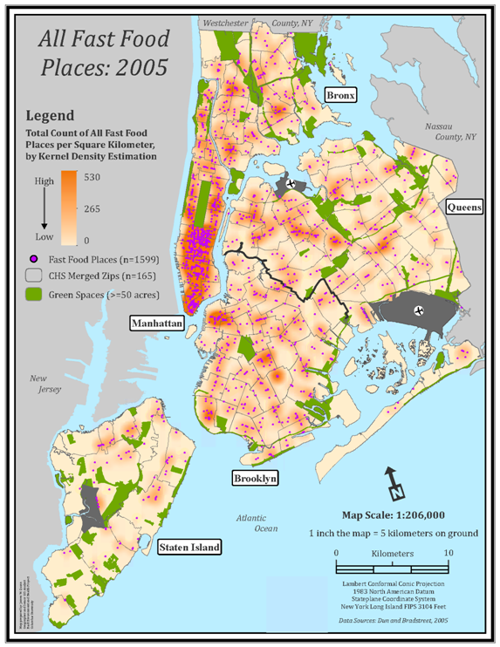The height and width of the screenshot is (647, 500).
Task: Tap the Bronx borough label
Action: click(x=340, y=94)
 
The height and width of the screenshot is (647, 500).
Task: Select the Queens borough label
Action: click(x=463, y=207)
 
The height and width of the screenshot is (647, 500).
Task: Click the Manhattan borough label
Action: click(x=156, y=323)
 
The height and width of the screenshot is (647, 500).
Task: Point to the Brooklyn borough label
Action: click(x=255, y=478)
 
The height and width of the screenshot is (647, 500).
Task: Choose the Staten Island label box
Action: click(x=188, y=548)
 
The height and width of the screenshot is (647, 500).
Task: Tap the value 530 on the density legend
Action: click(x=96, y=178)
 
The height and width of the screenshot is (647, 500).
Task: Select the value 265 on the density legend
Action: click(x=96, y=208)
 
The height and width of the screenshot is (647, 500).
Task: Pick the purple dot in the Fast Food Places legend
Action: click(x=35, y=258)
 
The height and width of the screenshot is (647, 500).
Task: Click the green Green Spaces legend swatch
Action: click(x=35, y=295)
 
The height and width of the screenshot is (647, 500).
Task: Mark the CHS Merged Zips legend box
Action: click(x=35, y=276)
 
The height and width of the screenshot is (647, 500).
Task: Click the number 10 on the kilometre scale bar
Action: click(x=448, y=553)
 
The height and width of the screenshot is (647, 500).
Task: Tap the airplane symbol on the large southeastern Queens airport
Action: click(x=420, y=311)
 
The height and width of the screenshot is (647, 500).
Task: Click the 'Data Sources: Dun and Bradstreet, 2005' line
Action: click(x=393, y=621)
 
